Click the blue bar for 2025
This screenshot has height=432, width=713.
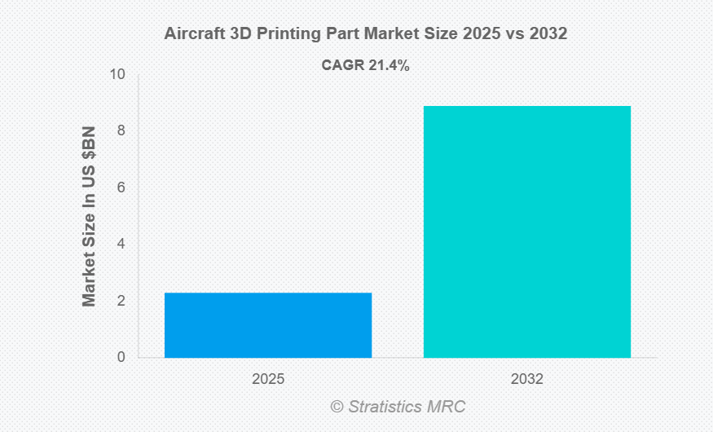pyautogui.click(x=268, y=324)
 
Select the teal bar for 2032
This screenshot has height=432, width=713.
pyautogui.click(x=526, y=231)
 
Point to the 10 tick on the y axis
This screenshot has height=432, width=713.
pyautogui.click(x=118, y=75)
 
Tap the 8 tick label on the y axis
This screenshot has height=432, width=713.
pyautogui.click(x=121, y=131)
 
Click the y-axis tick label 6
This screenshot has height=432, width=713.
pyautogui.click(x=121, y=187)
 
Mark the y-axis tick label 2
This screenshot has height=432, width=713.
pyautogui.click(x=121, y=301)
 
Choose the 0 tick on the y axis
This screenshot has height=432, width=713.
pyautogui.click(x=121, y=357)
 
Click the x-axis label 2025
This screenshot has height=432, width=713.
pyautogui.click(x=268, y=379)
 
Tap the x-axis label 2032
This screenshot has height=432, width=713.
pyautogui.click(x=526, y=379)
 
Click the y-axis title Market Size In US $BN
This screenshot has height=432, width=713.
pyautogui.click(x=90, y=217)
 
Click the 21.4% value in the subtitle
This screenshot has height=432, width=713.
pyautogui.click(x=389, y=65)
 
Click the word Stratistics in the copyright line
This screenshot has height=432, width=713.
pyautogui.click(x=387, y=406)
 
